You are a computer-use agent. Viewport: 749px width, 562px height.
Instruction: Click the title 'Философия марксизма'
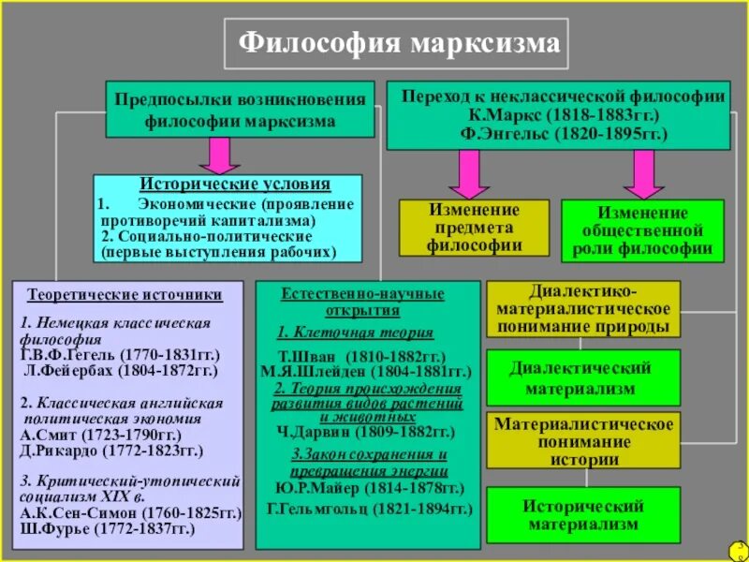(399, 43)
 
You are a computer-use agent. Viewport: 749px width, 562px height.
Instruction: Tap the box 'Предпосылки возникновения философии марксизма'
(238, 110)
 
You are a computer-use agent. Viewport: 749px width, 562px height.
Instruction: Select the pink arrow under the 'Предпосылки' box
(219, 155)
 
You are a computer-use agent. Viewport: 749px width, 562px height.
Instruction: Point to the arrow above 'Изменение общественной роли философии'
(642, 172)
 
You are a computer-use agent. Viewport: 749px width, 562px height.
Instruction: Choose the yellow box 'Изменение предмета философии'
(475, 228)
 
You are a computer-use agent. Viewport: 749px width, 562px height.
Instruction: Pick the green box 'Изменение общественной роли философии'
(642, 230)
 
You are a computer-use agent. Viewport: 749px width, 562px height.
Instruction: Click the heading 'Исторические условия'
(235, 185)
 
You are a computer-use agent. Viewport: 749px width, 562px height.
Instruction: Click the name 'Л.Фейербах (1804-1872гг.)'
(119, 371)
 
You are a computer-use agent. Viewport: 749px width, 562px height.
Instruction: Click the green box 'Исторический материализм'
(581, 515)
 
